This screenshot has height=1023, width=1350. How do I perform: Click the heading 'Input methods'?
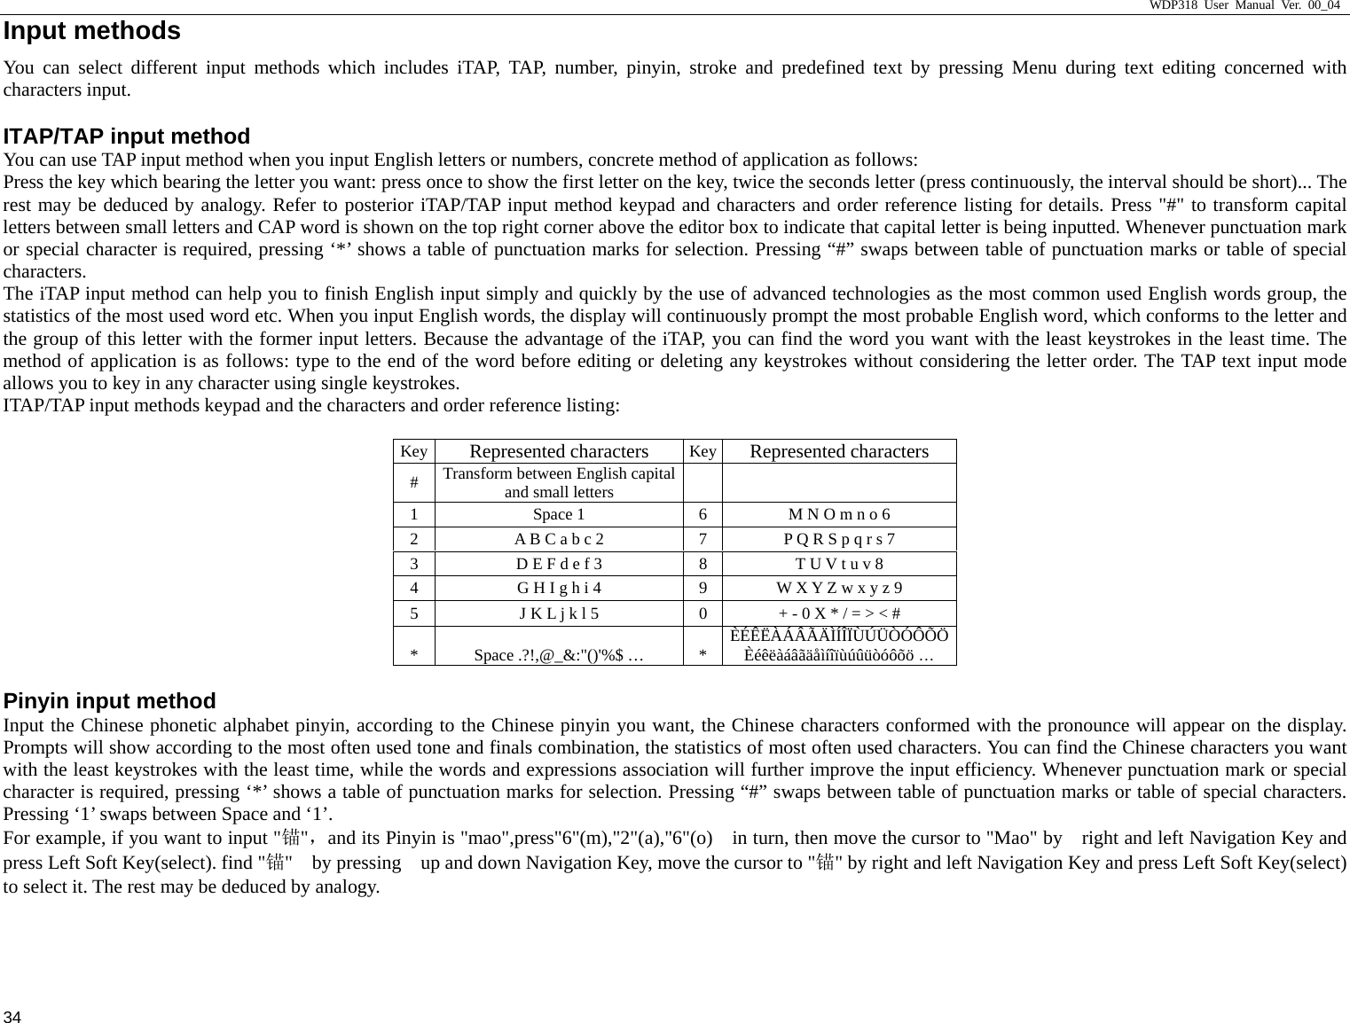92,31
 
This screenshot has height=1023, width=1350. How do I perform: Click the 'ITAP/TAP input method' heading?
127,137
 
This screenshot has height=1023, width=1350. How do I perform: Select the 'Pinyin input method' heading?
110,701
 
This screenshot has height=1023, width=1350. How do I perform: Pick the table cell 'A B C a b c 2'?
559,539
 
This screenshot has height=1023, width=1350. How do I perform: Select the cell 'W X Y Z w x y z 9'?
839,588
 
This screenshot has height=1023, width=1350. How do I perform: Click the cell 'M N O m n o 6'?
839,515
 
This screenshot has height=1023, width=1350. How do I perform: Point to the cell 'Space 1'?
559,515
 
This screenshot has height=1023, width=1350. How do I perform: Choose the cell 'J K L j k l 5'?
559,613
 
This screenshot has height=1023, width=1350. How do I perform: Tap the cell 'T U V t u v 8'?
839,564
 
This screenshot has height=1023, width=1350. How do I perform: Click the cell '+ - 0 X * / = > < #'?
839,613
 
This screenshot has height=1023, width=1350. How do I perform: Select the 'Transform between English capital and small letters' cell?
559,483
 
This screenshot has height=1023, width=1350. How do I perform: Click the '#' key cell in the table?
414,483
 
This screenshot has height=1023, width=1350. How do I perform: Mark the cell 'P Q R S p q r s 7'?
839,539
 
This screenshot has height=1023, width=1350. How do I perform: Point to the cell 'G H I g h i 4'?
559,588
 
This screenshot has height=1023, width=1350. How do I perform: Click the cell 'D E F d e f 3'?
559,564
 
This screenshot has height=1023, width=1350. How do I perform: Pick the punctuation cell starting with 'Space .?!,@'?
559,656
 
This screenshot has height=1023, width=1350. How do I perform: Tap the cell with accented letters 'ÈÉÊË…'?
839,646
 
